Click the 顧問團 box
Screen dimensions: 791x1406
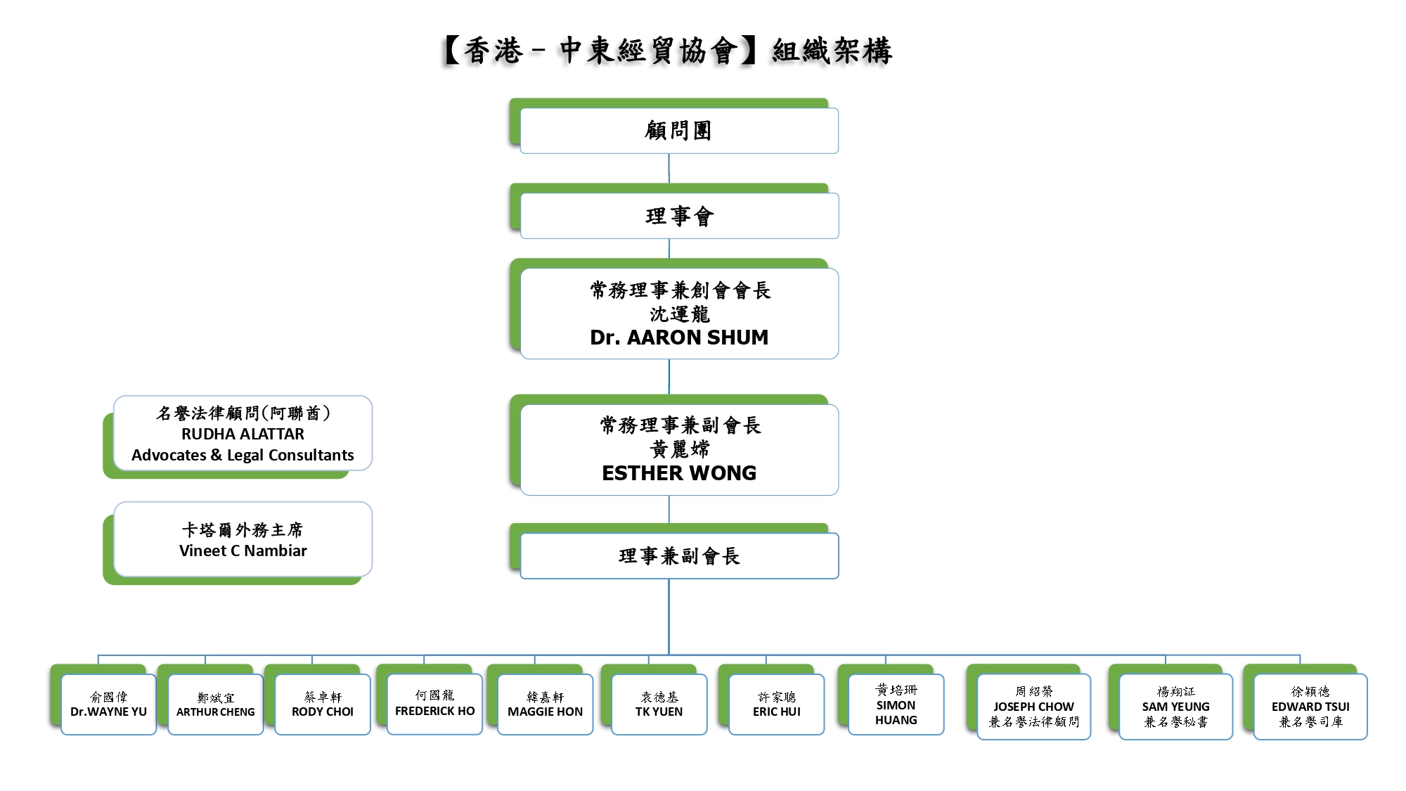tap(678, 131)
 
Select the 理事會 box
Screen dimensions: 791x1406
tap(678, 216)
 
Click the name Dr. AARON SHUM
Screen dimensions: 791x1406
tap(679, 337)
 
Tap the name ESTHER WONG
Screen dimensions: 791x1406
tap(679, 473)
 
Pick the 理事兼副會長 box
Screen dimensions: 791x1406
tap(678, 556)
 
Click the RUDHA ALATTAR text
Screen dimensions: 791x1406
tap(243, 434)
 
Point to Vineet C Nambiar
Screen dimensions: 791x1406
tap(243, 551)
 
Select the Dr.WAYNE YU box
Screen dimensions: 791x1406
tap(108, 705)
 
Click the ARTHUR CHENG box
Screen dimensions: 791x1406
tap(215, 705)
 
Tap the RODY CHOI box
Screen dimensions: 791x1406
tap(322, 705)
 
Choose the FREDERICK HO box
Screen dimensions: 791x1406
tap(434, 704)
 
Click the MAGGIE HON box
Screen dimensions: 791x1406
tap(545, 705)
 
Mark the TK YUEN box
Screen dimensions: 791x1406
tap(659, 705)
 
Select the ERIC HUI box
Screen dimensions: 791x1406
tap(776, 705)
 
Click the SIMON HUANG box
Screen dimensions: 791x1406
tap(896, 705)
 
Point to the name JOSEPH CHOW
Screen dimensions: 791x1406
tap(1033, 707)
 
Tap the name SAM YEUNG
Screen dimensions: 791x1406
tap(1175, 707)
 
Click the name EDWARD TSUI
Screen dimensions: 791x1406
tap(1310, 707)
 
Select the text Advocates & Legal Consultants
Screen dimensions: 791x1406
tap(243, 455)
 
